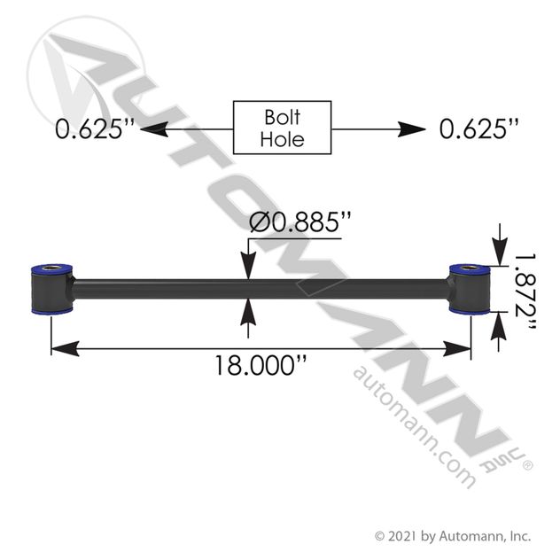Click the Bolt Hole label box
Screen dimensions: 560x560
click(x=282, y=128)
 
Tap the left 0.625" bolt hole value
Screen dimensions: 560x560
click(x=95, y=128)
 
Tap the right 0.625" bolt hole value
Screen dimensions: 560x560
click(x=478, y=128)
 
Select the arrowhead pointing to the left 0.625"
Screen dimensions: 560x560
click(x=154, y=129)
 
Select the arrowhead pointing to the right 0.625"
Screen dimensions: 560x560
click(x=412, y=129)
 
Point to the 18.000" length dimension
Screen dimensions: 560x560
click(x=261, y=365)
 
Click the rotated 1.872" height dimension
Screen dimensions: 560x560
click(x=525, y=292)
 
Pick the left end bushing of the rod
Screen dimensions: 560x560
click(x=52, y=289)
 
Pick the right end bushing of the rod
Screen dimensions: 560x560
click(x=470, y=289)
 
